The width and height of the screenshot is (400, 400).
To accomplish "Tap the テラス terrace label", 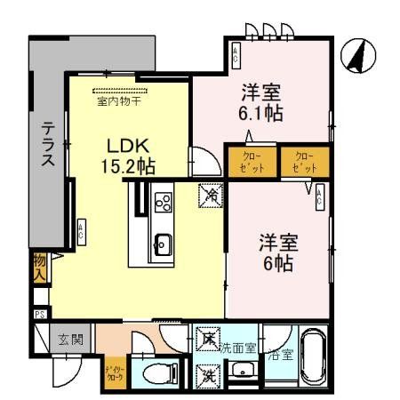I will pos(48,144).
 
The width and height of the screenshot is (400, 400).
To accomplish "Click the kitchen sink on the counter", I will pos(164,240).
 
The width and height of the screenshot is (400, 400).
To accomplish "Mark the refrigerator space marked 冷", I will pos(211,191).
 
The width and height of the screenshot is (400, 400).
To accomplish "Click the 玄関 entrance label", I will pos(71,339).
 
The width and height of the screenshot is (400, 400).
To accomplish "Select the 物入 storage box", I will pos(40,267).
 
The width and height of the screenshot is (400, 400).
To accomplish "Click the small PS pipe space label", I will pos(40,314).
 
